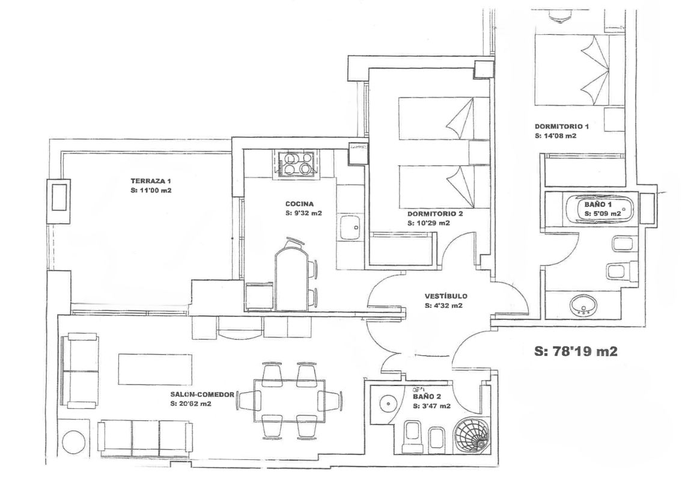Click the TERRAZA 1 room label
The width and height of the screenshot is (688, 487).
[x=150, y=181]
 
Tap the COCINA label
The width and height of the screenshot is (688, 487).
[x=299, y=204]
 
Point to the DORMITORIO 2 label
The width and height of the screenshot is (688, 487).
[x=435, y=214]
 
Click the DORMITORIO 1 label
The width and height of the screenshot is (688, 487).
[x=562, y=126]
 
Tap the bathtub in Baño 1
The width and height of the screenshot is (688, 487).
[x=599, y=209]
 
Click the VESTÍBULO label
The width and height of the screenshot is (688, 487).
[x=446, y=296]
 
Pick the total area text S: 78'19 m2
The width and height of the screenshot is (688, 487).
[x=576, y=351]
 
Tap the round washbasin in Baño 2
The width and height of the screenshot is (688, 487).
[x=388, y=403]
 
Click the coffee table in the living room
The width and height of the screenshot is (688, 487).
[x=156, y=369]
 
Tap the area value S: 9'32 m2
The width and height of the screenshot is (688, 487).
[x=303, y=213]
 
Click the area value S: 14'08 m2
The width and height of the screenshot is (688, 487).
[x=555, y=136]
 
